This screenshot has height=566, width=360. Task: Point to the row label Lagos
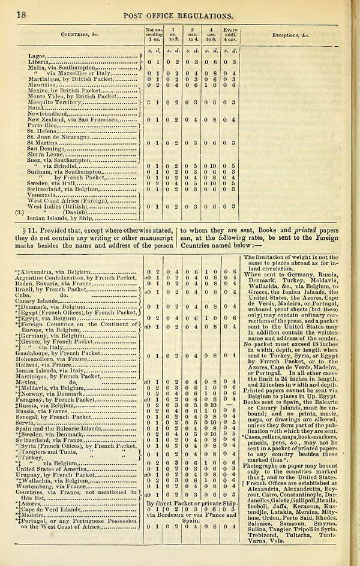37,56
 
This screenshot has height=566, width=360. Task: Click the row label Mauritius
42,84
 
